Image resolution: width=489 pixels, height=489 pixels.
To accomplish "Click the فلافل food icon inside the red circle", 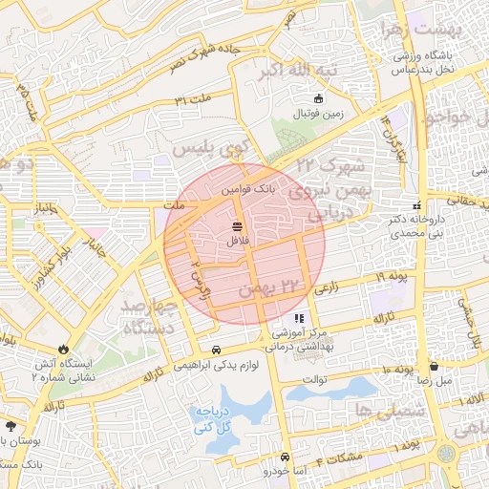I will [236, 226].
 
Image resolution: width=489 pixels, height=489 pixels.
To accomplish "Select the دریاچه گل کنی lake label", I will [216, 419].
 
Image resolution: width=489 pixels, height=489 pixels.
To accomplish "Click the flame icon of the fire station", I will [64, 350].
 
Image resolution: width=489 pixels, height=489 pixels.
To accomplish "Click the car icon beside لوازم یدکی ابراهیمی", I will [217, 350].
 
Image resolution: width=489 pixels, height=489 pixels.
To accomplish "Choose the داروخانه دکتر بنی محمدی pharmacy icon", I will [415, 205].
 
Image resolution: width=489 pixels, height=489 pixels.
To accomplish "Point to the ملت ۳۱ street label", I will [192, 98].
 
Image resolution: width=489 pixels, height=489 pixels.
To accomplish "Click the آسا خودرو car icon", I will [267, 471].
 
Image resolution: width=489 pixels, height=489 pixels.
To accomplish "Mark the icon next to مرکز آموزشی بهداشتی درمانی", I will [300, 318].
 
